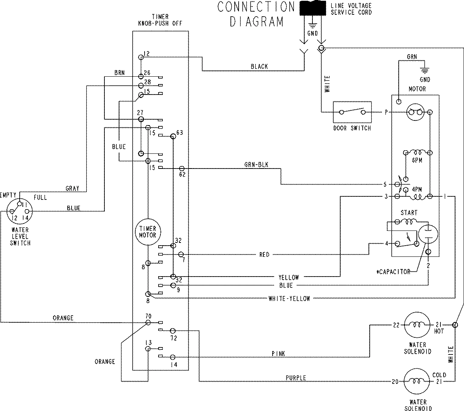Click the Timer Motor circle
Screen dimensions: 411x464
148,232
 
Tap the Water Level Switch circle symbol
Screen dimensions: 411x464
19,212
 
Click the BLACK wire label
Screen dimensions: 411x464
259,67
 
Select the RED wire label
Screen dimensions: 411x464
264,255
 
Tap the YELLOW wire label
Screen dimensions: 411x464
288,277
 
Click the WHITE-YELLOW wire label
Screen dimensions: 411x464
289,299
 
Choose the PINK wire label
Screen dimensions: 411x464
278,354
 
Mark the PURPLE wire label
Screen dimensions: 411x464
296,378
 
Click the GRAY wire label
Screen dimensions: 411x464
72,189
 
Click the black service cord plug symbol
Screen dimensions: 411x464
313,8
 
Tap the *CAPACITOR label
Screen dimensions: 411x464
394,272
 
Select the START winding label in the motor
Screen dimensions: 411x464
409,213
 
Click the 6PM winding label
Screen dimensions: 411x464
416,160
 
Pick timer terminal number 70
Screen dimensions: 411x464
148,316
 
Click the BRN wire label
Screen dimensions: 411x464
119,73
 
